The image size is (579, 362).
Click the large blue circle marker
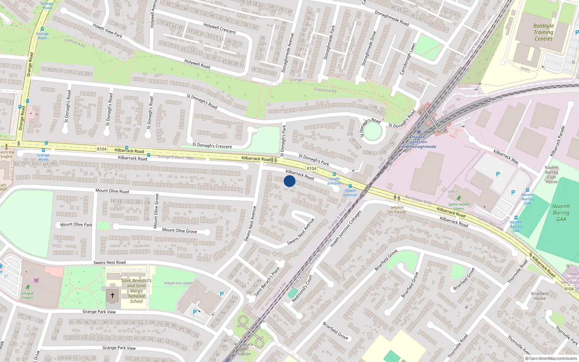289,181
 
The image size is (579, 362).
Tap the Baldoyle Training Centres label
544,32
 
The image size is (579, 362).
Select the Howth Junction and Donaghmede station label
419,142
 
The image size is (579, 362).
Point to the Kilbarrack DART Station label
244,349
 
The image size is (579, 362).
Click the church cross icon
113,295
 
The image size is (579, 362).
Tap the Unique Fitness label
28,295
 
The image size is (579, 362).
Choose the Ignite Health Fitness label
458,206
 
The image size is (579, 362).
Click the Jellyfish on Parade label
397,210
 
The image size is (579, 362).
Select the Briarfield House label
540,296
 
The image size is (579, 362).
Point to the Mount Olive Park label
76,224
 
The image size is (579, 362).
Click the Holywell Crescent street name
219,28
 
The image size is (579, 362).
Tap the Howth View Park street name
107,30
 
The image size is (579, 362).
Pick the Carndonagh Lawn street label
407,59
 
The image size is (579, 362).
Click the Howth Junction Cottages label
346,229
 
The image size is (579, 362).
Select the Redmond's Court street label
302,289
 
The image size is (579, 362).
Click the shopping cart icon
37,280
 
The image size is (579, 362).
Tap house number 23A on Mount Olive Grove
147,203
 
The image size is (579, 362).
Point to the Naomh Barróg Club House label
551,174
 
